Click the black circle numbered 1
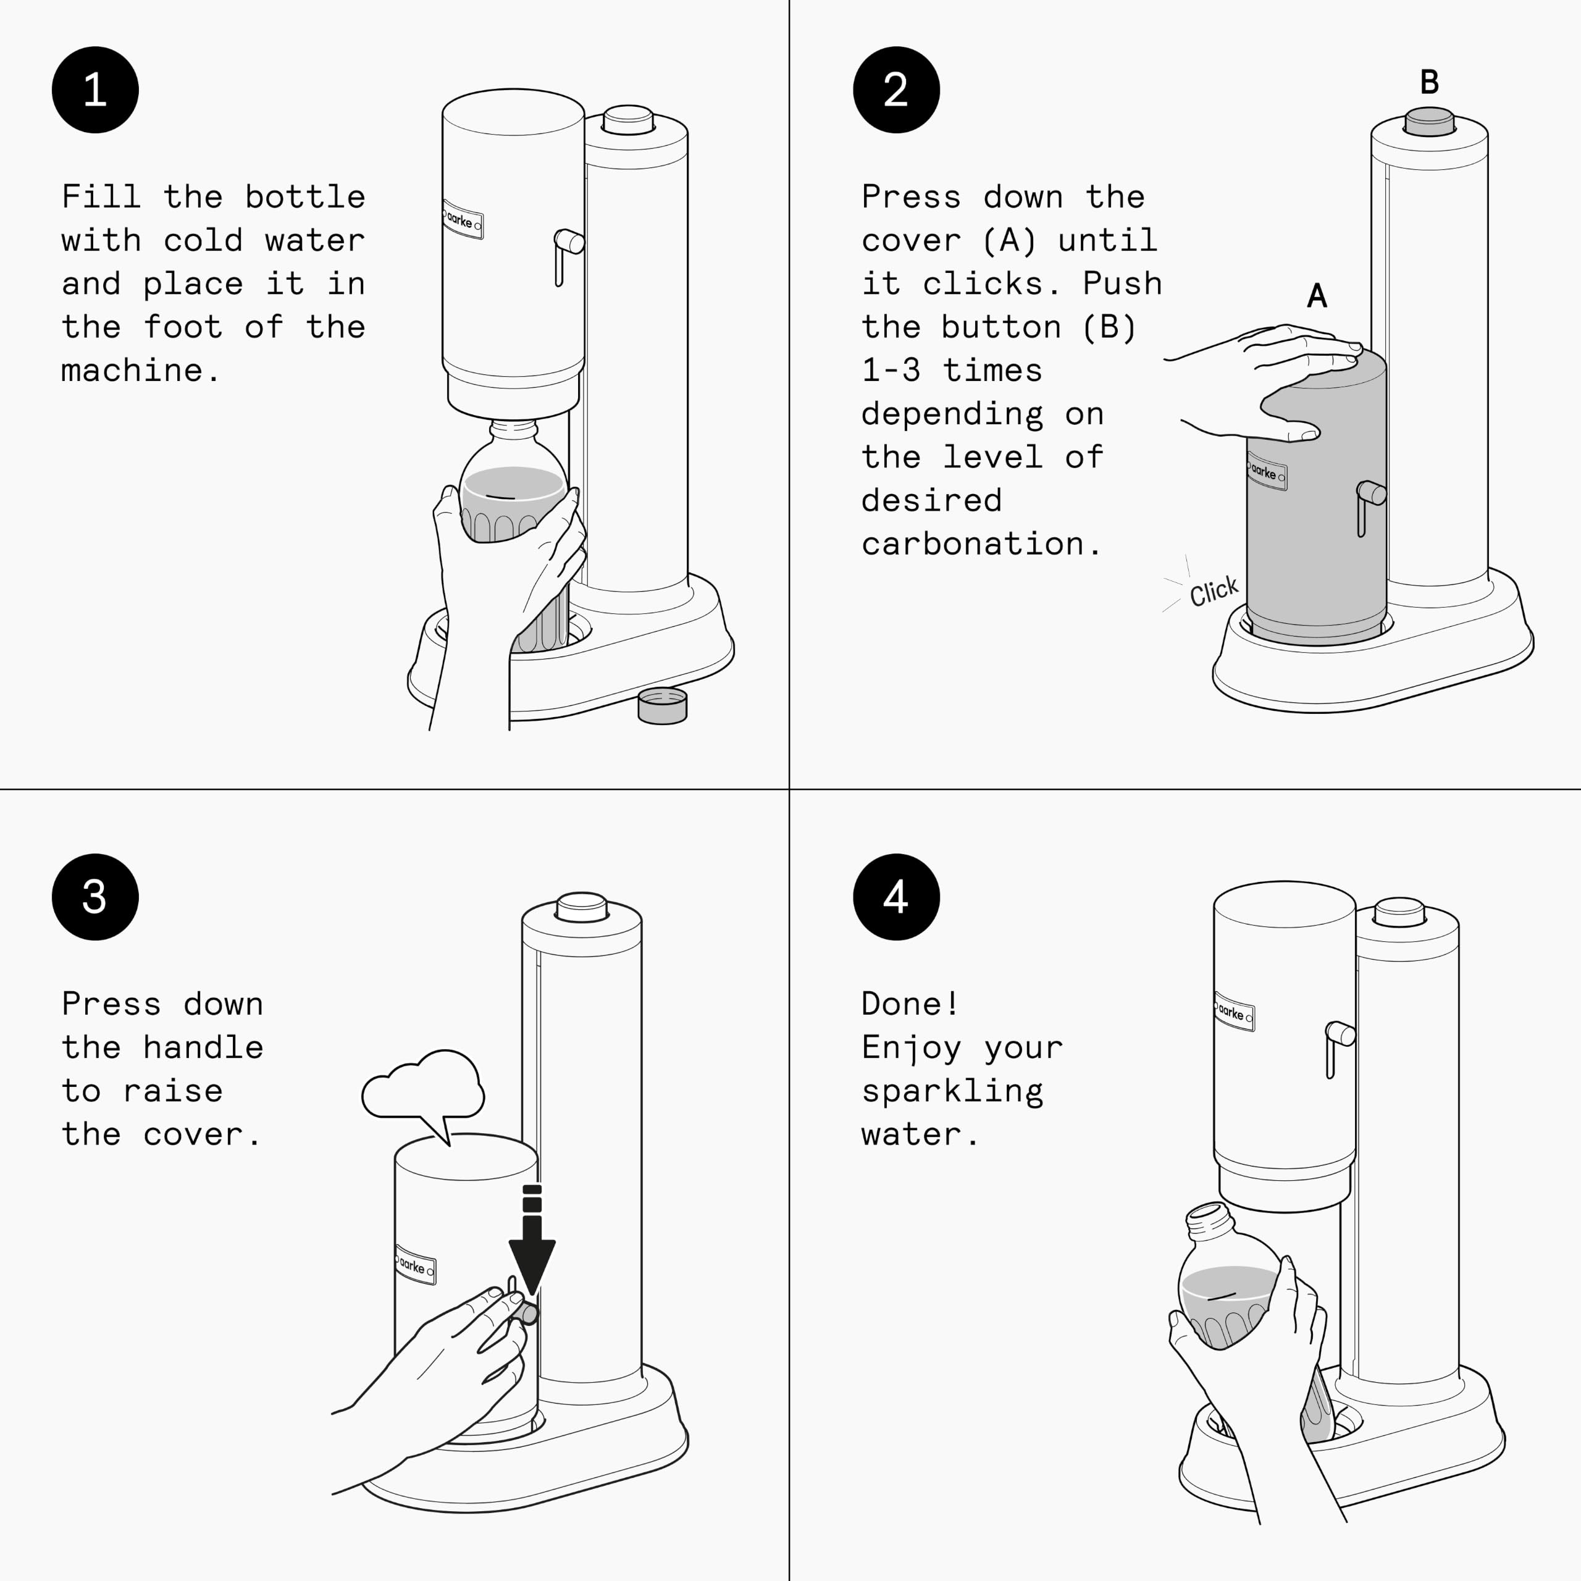tap(95, 90)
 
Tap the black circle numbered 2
tap(896, 90)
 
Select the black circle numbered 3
tap(95, 897)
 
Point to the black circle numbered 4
tap(896, 897)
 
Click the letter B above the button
tap(1429, 82)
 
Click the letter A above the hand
tap(1317, 295)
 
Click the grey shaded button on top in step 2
tap(1429, 121)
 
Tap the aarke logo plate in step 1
tap(463, 220)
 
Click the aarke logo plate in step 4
tap(1234, 1012)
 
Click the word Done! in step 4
tap(909, 1004)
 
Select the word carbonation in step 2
tap(972, 544)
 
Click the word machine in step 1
tap(131, 371)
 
